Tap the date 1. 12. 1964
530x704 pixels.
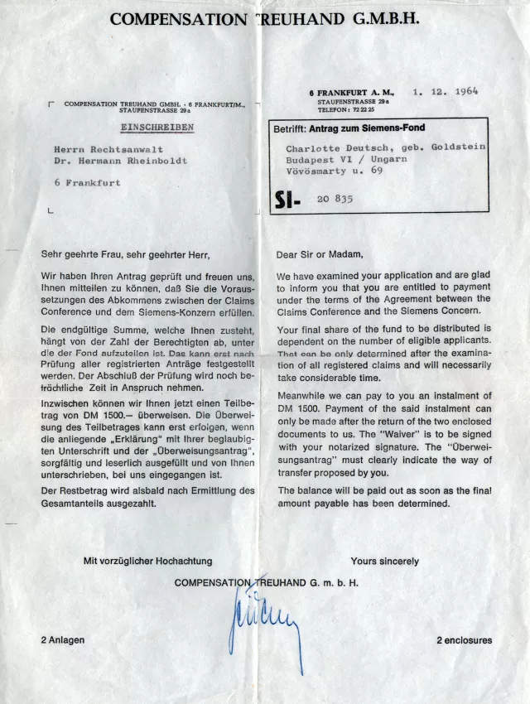[446, 92]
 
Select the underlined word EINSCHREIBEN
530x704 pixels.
[157, 128]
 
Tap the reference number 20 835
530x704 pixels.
[335, 200]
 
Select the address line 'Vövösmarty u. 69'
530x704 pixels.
[335, 170]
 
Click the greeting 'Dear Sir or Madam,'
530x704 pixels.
[320, 254]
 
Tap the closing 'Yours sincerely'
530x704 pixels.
[384, 561]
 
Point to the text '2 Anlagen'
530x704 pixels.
[63, 639]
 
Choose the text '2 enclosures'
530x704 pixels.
[464, 639]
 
